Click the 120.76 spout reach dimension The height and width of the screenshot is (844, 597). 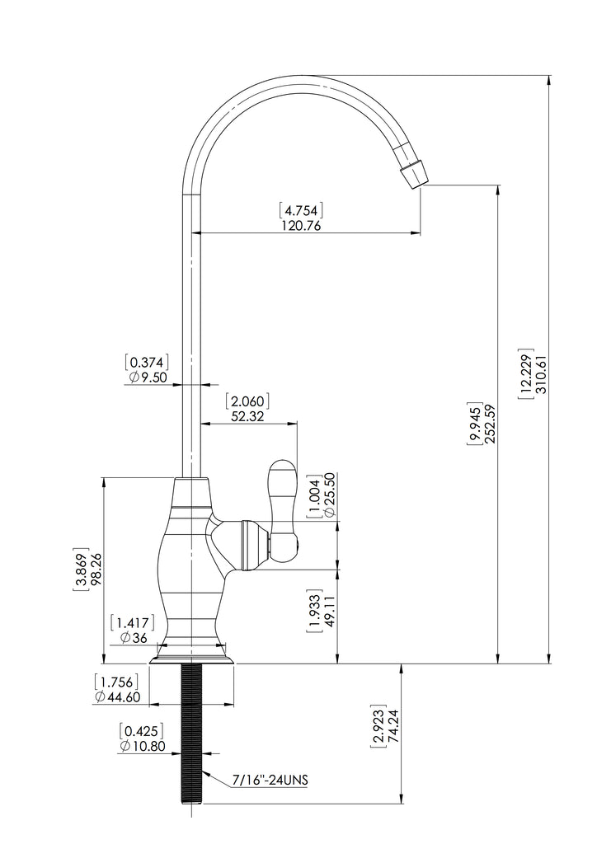[301, 225]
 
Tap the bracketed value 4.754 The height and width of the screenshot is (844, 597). [301, 209]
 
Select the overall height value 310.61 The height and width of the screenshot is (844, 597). [540, 374]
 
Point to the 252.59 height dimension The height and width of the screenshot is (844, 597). [489, 423]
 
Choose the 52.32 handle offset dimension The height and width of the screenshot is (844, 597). [247, 416]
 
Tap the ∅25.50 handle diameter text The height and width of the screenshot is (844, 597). [330, 495]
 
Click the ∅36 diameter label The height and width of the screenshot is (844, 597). [134, 639]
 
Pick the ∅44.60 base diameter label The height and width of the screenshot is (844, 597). [117, 697]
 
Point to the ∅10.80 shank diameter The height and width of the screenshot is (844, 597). [142, 746]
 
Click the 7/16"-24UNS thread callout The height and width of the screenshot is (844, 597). [270, 780]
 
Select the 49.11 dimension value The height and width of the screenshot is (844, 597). [329, 611]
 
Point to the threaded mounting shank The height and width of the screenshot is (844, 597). [192, 734]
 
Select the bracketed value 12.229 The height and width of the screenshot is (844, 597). [525, 374]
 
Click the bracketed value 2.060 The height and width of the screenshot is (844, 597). [247, 401]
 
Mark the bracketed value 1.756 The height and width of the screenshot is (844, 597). [116, 682]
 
